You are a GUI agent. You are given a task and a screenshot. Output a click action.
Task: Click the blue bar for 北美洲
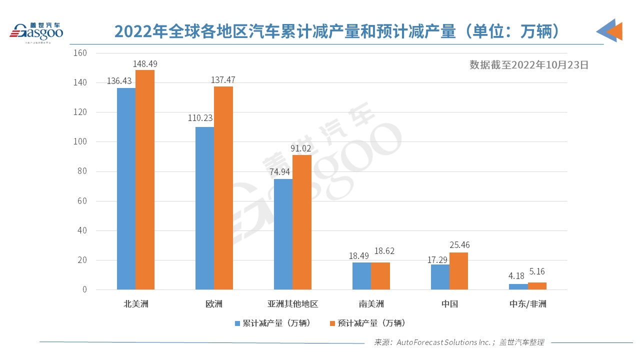tap(126, 188)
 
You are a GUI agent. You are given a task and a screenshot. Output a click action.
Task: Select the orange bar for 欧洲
tap(223, 188)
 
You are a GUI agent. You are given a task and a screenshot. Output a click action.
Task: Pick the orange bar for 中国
tap(458, 271)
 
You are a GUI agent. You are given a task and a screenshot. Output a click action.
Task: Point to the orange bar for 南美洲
tap(380, 276)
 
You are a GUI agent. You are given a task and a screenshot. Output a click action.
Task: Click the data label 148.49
tap(145, 64)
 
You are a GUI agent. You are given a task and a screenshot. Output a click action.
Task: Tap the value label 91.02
tap(302, 148)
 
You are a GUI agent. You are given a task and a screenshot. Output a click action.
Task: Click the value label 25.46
tap(459, 245)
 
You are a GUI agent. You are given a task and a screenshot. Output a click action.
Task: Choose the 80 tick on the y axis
tap(82, 171)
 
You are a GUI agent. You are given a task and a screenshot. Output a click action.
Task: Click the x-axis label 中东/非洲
tap(527, 304)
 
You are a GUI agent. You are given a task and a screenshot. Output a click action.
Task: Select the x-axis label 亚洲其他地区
tap(292, 304)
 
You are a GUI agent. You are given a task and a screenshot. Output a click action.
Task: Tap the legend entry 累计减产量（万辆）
tap(274, 323)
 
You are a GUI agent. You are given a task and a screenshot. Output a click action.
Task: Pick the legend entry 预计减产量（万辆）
tap(368, 323)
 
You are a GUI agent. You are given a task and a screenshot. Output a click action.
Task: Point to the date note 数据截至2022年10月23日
tap(529, 64)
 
